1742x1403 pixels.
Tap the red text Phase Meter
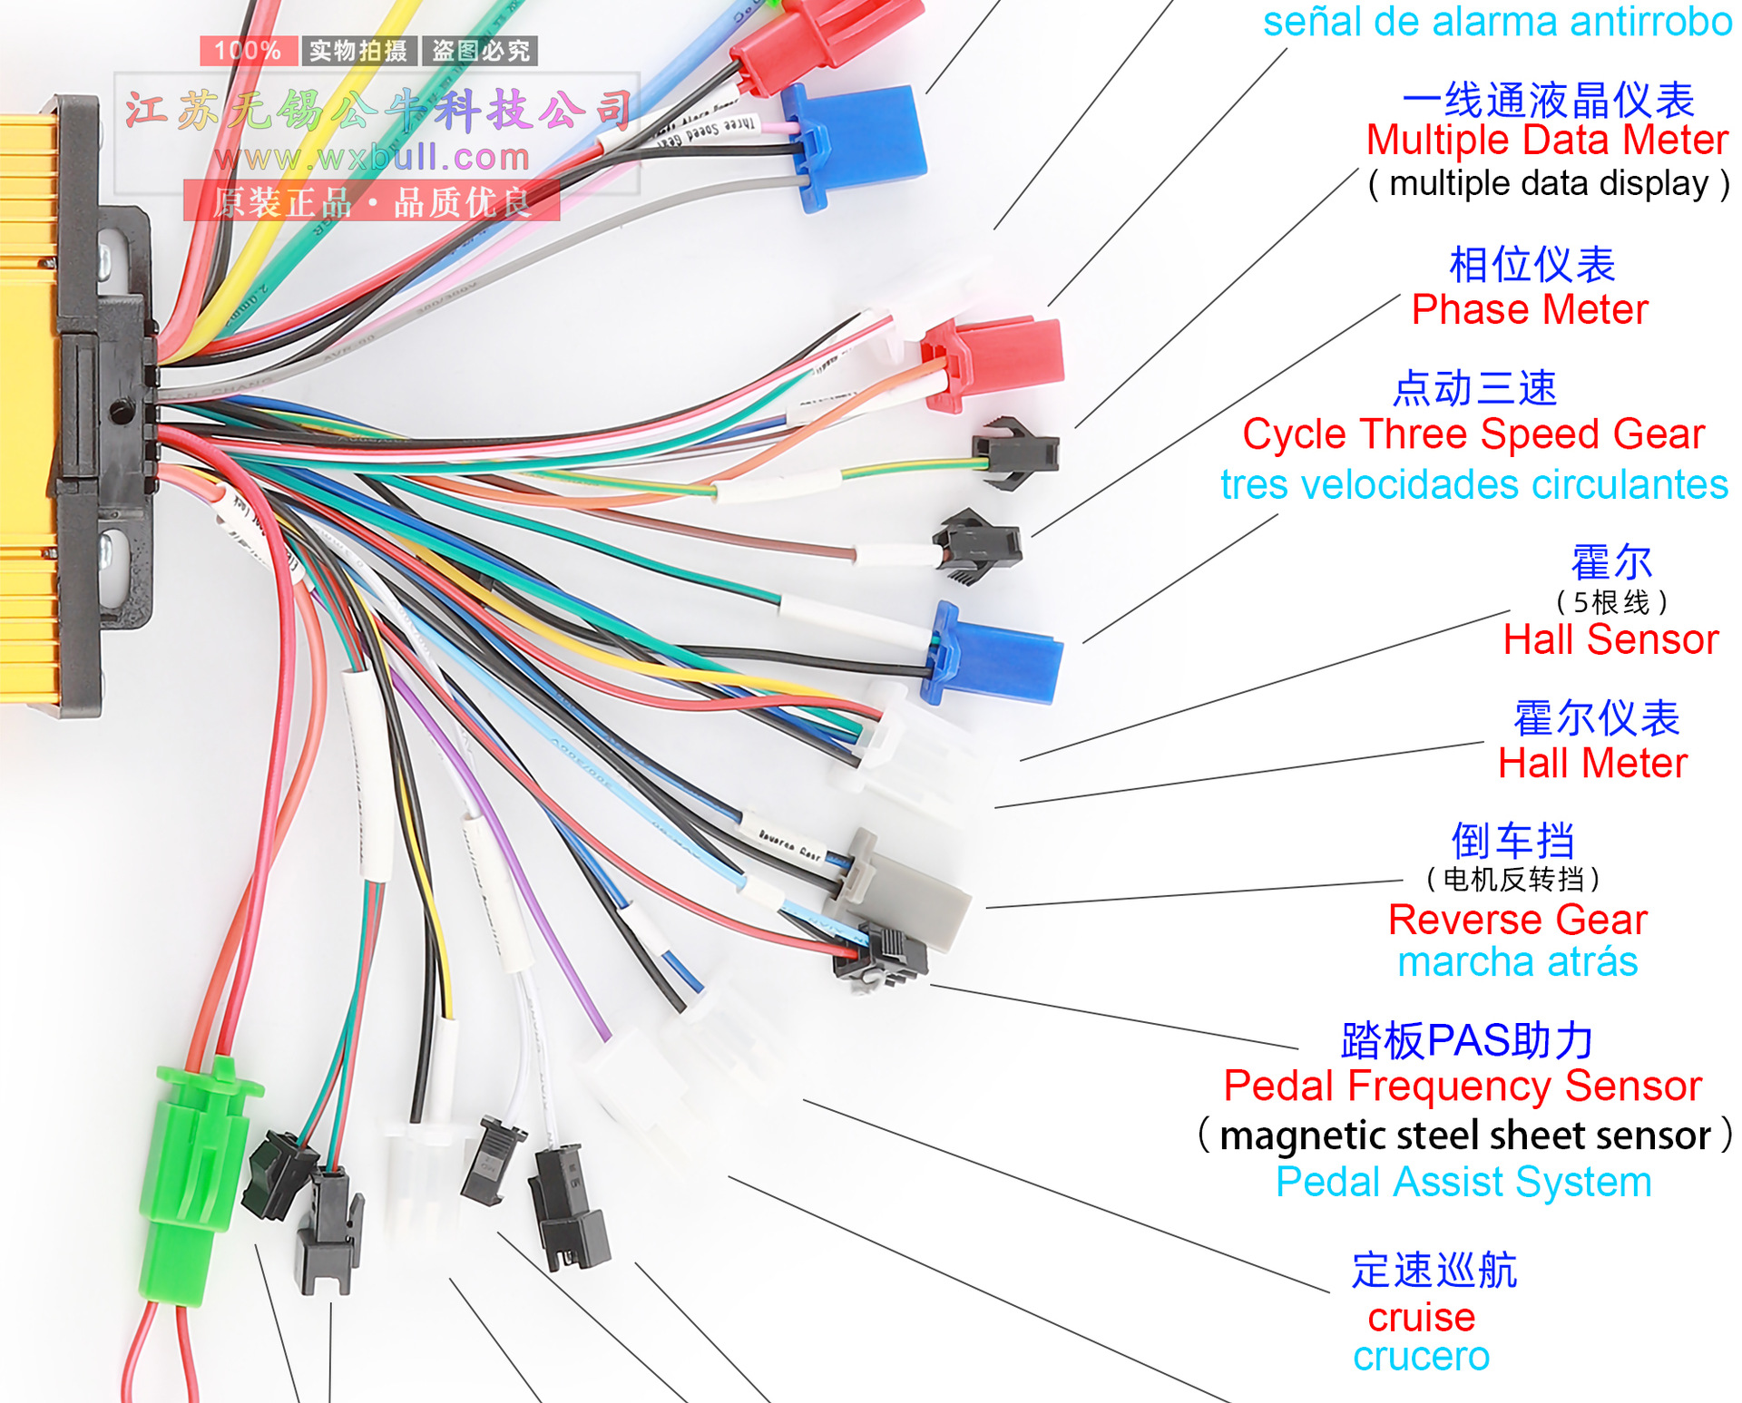pos(1529,310)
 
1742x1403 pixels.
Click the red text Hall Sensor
pos(1610,640)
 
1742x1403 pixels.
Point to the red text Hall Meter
pos(1592,764)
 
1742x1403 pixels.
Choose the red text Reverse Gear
pos(1517,921)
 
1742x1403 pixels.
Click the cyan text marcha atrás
pos(1517,962)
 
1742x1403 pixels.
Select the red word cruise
pos(1421,1317)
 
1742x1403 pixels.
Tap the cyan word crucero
pos(1421,1357)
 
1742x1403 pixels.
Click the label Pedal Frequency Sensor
pos(1462,1086)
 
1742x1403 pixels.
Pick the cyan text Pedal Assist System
pos(1463,1183)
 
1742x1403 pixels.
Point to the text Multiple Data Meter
pos(1547,141)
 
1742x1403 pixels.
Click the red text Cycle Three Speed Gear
pos(1473,434)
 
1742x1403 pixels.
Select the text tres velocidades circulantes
pos(1473,485)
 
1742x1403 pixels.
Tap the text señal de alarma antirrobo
pos(1497,22)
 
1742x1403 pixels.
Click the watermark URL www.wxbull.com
pos(372,158)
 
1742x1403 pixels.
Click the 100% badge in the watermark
pos(248,51)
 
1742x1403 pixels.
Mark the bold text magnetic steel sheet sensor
pos(1464,1136)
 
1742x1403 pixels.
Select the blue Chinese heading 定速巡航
pos(1434,1271)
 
